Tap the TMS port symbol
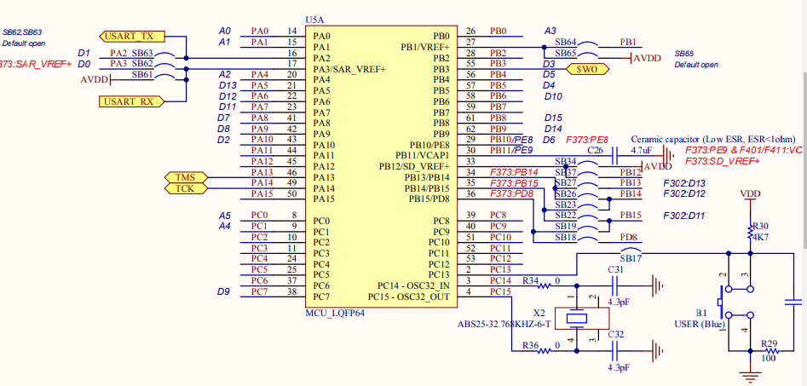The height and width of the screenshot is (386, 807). coord(184,177)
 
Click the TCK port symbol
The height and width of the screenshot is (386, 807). coord(184,188)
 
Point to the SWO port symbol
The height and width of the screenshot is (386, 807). coord(587,70)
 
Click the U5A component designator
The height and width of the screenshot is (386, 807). coord(314,20)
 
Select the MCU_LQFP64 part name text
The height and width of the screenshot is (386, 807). coord(334,313)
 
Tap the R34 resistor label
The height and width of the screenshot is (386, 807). coord(530,279)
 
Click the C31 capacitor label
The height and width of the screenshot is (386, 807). coord(616,269)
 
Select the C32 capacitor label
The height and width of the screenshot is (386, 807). coord(616,335)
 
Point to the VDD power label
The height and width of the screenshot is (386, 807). coord(751,193)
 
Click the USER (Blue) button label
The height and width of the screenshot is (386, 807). coord(695,325)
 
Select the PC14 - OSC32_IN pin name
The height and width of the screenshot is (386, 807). coord(413,285)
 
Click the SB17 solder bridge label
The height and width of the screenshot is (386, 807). coord(631,257)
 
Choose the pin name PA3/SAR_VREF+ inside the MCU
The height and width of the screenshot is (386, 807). coord(349,68)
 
